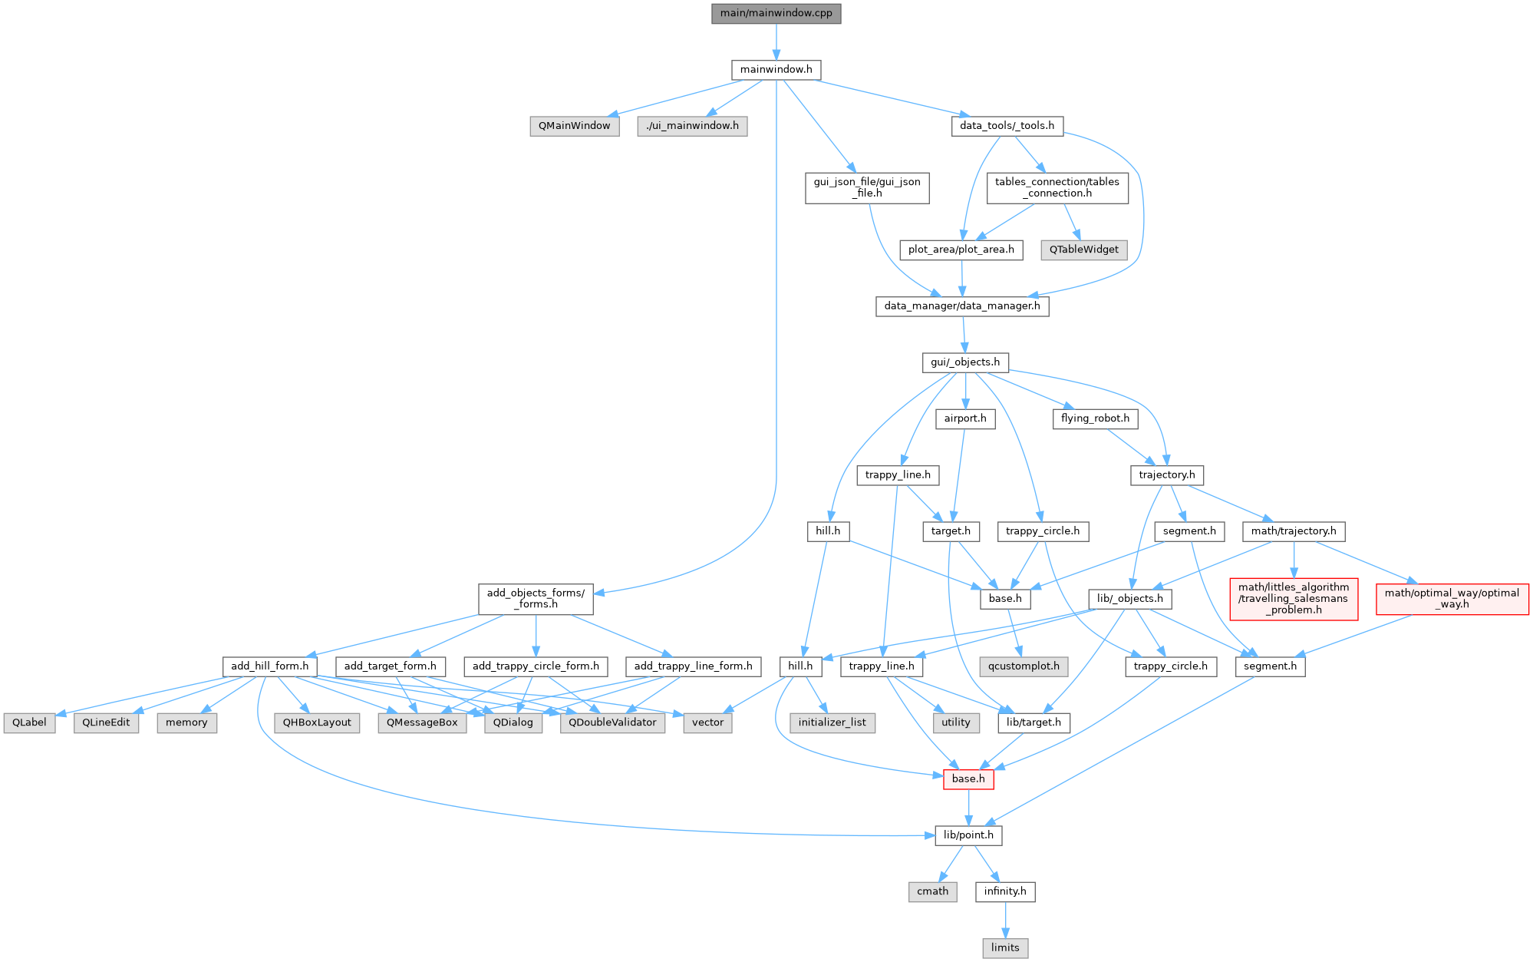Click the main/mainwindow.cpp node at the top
(x=776, y=13)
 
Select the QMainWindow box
(x=574, y=126)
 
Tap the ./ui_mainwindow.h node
(x=692, y=126)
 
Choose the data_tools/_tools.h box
(x=1007, y=126)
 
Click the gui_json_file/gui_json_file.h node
(x=867, y=187)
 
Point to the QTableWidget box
(x=1083, y=250)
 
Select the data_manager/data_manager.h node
(x=962, y=306)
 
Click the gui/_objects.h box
(x=965, y=362)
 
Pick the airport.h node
(x=965, y=418)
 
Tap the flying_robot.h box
(x=1095, y=418)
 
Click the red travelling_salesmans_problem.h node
(x=1294, y=599)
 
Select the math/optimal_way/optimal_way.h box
(x=1452, y=599)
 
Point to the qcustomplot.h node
(x=1024, y=666)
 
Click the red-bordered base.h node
(x=968, y=779)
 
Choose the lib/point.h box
(x=968, y=835)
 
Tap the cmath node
(x=932, y=891)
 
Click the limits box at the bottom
(x=1005, y=947)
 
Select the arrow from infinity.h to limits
(x=1005, y=920)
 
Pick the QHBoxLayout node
(x=317, y=722)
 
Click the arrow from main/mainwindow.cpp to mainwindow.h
(x=776, y=41)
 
